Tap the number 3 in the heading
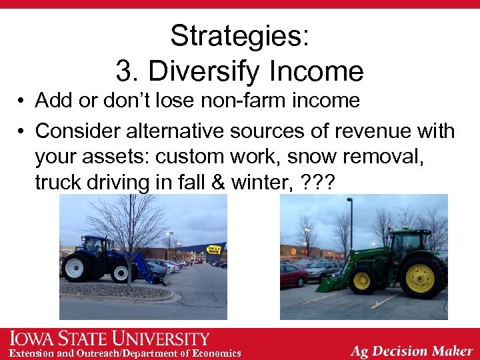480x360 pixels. (x=123, y=71)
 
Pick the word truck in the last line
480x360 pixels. (x=61, y=182)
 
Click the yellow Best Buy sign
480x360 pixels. (x=214, y=249)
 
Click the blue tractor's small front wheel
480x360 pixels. (x=121, y=272)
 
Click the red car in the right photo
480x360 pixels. (x=293, y=275)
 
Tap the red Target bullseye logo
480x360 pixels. (x=293, y=251)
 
